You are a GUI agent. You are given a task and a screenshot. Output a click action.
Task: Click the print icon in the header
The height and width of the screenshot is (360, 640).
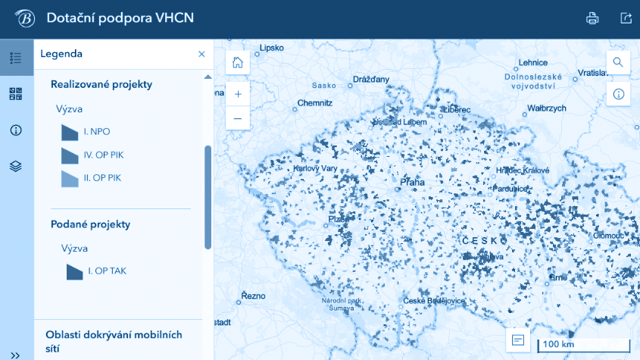(592, 19)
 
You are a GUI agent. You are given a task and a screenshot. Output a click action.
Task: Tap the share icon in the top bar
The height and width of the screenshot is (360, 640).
(626, 19)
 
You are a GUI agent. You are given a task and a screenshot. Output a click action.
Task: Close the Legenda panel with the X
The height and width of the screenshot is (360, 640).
(201, 54)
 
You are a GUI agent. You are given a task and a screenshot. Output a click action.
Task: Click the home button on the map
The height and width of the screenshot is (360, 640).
(238, 63)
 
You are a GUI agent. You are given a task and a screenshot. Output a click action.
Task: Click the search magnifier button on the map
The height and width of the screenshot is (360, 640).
(618, 63)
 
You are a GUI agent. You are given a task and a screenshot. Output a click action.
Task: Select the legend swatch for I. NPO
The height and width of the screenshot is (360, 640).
(70, 132)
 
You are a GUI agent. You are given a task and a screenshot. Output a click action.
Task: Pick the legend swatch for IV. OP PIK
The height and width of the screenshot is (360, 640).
(70, 155)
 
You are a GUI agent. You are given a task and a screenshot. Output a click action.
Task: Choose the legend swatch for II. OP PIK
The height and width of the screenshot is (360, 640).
(70, 178)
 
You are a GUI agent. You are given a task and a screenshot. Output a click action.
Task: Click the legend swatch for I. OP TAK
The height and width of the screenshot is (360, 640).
(74, 271)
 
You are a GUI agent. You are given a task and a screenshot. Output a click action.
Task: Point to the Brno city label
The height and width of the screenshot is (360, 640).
(558, 278)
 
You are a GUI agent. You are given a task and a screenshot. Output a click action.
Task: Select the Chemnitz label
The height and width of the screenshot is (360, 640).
(314, 102)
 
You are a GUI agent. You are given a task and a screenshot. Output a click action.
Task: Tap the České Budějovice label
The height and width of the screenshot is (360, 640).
(434, 301)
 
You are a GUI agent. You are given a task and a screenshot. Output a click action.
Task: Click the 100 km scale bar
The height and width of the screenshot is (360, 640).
(582, 345)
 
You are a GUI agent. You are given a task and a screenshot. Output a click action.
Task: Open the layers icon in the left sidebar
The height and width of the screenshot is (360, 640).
(16, 166)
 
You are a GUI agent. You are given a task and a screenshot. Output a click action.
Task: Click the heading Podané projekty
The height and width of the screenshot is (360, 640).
(91, 224)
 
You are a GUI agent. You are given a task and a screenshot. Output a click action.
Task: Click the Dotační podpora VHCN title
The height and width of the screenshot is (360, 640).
(120, 18)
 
